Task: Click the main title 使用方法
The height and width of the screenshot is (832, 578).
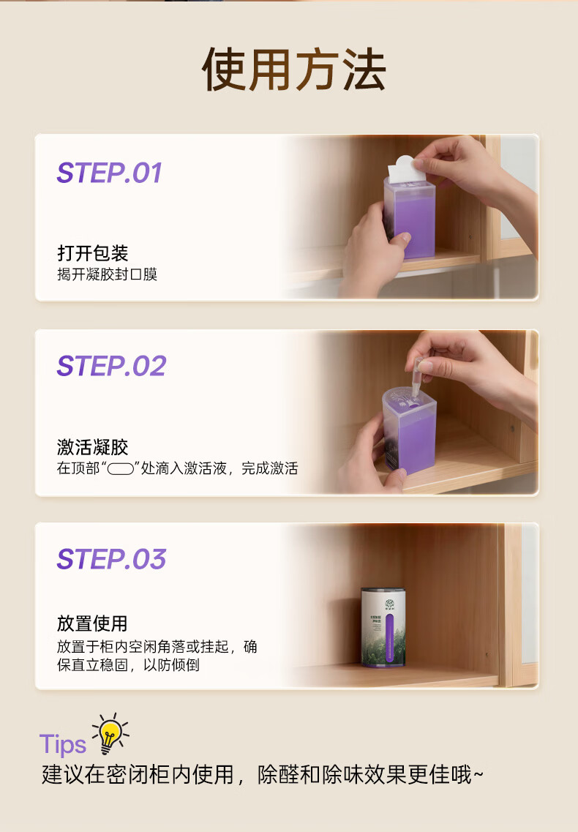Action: coord(293,70)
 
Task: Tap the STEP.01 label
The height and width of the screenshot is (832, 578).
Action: coord(109,173)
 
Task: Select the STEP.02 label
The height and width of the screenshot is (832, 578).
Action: coord(111,366)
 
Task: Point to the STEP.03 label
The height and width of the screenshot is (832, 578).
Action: coord(111,559)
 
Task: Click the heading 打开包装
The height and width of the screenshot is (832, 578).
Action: coord(92,253)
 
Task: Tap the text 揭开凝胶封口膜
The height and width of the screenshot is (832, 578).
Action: coord(108,274)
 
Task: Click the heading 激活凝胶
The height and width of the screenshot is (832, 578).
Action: coord(92,447)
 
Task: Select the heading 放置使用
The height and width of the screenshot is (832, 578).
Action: coord(92,623)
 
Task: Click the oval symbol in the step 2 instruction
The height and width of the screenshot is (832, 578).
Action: coord(121,469)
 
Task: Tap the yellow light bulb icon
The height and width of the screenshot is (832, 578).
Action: coord(110,734)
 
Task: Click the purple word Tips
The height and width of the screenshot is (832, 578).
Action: coord(63,744)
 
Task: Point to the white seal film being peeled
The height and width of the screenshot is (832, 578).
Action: coord(407,169)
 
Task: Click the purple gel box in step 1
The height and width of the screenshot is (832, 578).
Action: coord(409,219)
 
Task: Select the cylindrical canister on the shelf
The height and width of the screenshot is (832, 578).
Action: coord(383,627)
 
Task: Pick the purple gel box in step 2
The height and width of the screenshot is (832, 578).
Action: coord(409,430)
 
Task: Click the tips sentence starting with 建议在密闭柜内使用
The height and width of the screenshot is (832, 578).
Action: coord(263,775)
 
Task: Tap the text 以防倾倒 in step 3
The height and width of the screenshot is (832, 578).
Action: coord(171,665)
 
